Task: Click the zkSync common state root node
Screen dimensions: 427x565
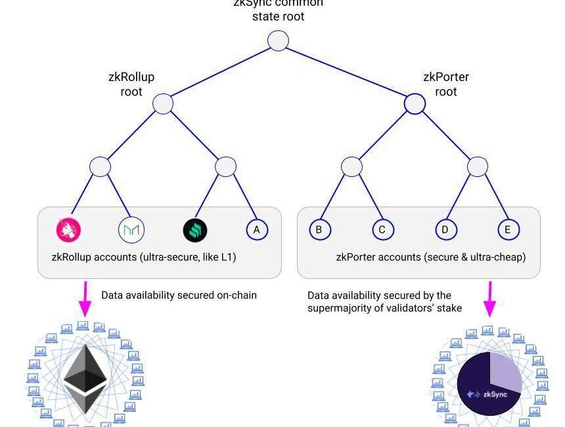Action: [279, 41]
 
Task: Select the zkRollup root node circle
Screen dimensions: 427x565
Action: [163, 103]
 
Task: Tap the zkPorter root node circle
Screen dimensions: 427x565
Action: [415, 103]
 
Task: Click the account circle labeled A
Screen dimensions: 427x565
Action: [257, 230]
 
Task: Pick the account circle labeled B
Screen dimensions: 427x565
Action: [319, 230]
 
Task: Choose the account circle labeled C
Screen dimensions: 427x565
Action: [382, 230]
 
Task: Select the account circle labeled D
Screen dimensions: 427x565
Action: [445, 230]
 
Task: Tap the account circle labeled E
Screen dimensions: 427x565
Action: [508, 230]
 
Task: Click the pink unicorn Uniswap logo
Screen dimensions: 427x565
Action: [68, 230]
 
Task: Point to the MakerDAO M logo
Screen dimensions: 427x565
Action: [131, 230]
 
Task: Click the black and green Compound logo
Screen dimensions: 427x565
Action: [194, 230]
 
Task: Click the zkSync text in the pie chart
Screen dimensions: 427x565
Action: [495, 395]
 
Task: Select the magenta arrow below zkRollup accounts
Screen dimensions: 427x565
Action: [85, 299]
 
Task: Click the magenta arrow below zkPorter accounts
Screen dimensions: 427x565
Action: [489, 299]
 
